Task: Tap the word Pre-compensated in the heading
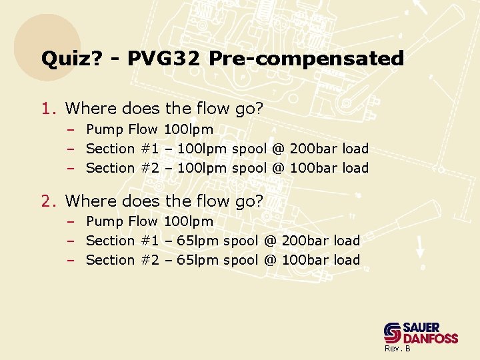[306, 59]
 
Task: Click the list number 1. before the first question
[50, 108]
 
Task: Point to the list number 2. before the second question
[50, 201]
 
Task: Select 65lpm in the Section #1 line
[197, 241]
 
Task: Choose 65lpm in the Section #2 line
[197, 260]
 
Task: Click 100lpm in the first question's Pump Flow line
[188, 129]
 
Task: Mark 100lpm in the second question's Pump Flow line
[188, 221]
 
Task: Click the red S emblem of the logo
[393, 333]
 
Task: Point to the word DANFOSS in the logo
[432, 339]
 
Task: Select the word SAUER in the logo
[422, 327]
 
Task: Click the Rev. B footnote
[397, 349]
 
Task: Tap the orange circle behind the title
[47, 40]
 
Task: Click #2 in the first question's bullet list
[150, 168]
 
